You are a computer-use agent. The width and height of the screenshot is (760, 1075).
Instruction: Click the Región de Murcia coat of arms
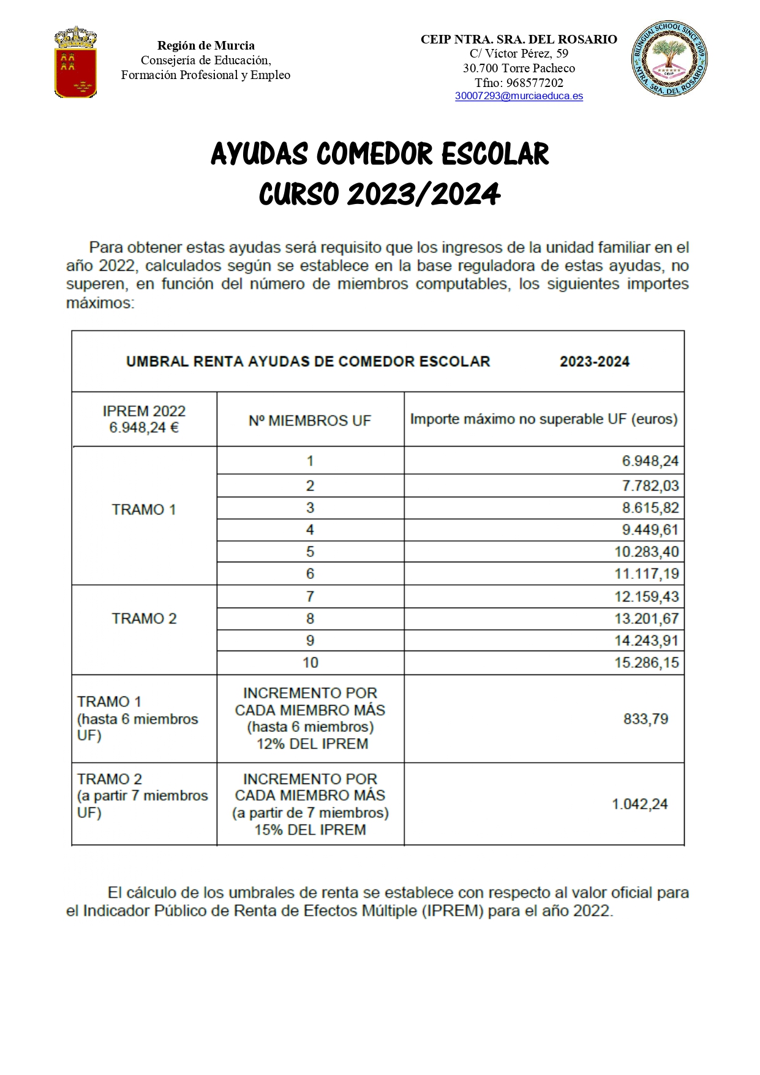[75, 62]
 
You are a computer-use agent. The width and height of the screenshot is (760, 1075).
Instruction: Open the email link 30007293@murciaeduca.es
[519, 96]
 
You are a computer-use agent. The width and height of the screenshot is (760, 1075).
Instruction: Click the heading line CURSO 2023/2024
[380, 195]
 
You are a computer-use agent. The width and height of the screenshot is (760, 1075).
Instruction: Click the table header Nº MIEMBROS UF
[310, 421]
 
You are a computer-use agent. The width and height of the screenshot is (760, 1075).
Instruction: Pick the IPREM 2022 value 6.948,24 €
[144, 428]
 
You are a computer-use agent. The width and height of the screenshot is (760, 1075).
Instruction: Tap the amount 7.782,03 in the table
[650, 486]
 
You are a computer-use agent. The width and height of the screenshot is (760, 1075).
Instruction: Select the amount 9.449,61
[650, 530]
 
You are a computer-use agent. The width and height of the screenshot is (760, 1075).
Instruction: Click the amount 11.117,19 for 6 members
[647, 574]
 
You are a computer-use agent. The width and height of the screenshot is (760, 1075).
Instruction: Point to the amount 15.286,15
[647, 663]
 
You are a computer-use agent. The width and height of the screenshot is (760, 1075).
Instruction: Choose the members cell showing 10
[310, 663]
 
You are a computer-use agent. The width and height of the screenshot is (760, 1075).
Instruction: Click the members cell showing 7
[310, 597]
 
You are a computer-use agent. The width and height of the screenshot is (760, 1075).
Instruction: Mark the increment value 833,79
[645, 719]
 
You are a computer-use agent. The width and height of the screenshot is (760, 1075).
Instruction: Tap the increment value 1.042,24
[640, 804]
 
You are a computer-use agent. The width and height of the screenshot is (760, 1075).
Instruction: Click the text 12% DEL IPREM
[312, 744]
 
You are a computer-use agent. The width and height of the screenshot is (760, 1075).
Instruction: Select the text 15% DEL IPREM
[310, 830]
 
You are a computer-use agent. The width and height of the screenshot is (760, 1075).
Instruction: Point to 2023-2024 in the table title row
[594, 362]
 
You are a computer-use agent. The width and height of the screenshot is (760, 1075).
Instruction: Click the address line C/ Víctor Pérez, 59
[519, 54]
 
